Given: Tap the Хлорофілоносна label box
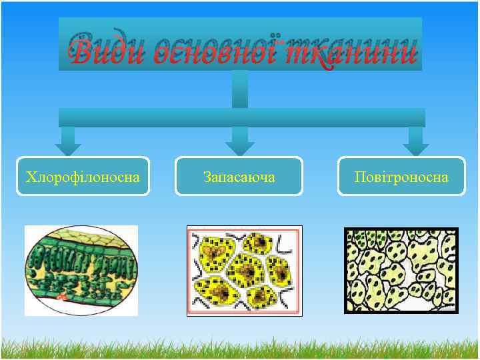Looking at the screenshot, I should [x=83, y=177].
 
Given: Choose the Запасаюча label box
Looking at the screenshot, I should [x=239, y=177].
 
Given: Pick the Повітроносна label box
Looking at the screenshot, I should [x=401, y=177].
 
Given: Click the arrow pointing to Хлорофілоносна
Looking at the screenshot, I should [x=68, y=141].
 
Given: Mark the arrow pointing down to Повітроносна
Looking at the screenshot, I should [x=415, y=141].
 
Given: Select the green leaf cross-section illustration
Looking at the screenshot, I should [x=81, y=270].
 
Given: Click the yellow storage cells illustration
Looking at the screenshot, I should [x=244, y=270].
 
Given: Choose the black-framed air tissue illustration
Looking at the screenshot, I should [x=401, y=271].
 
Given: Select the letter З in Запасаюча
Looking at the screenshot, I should [x=207, y=177].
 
